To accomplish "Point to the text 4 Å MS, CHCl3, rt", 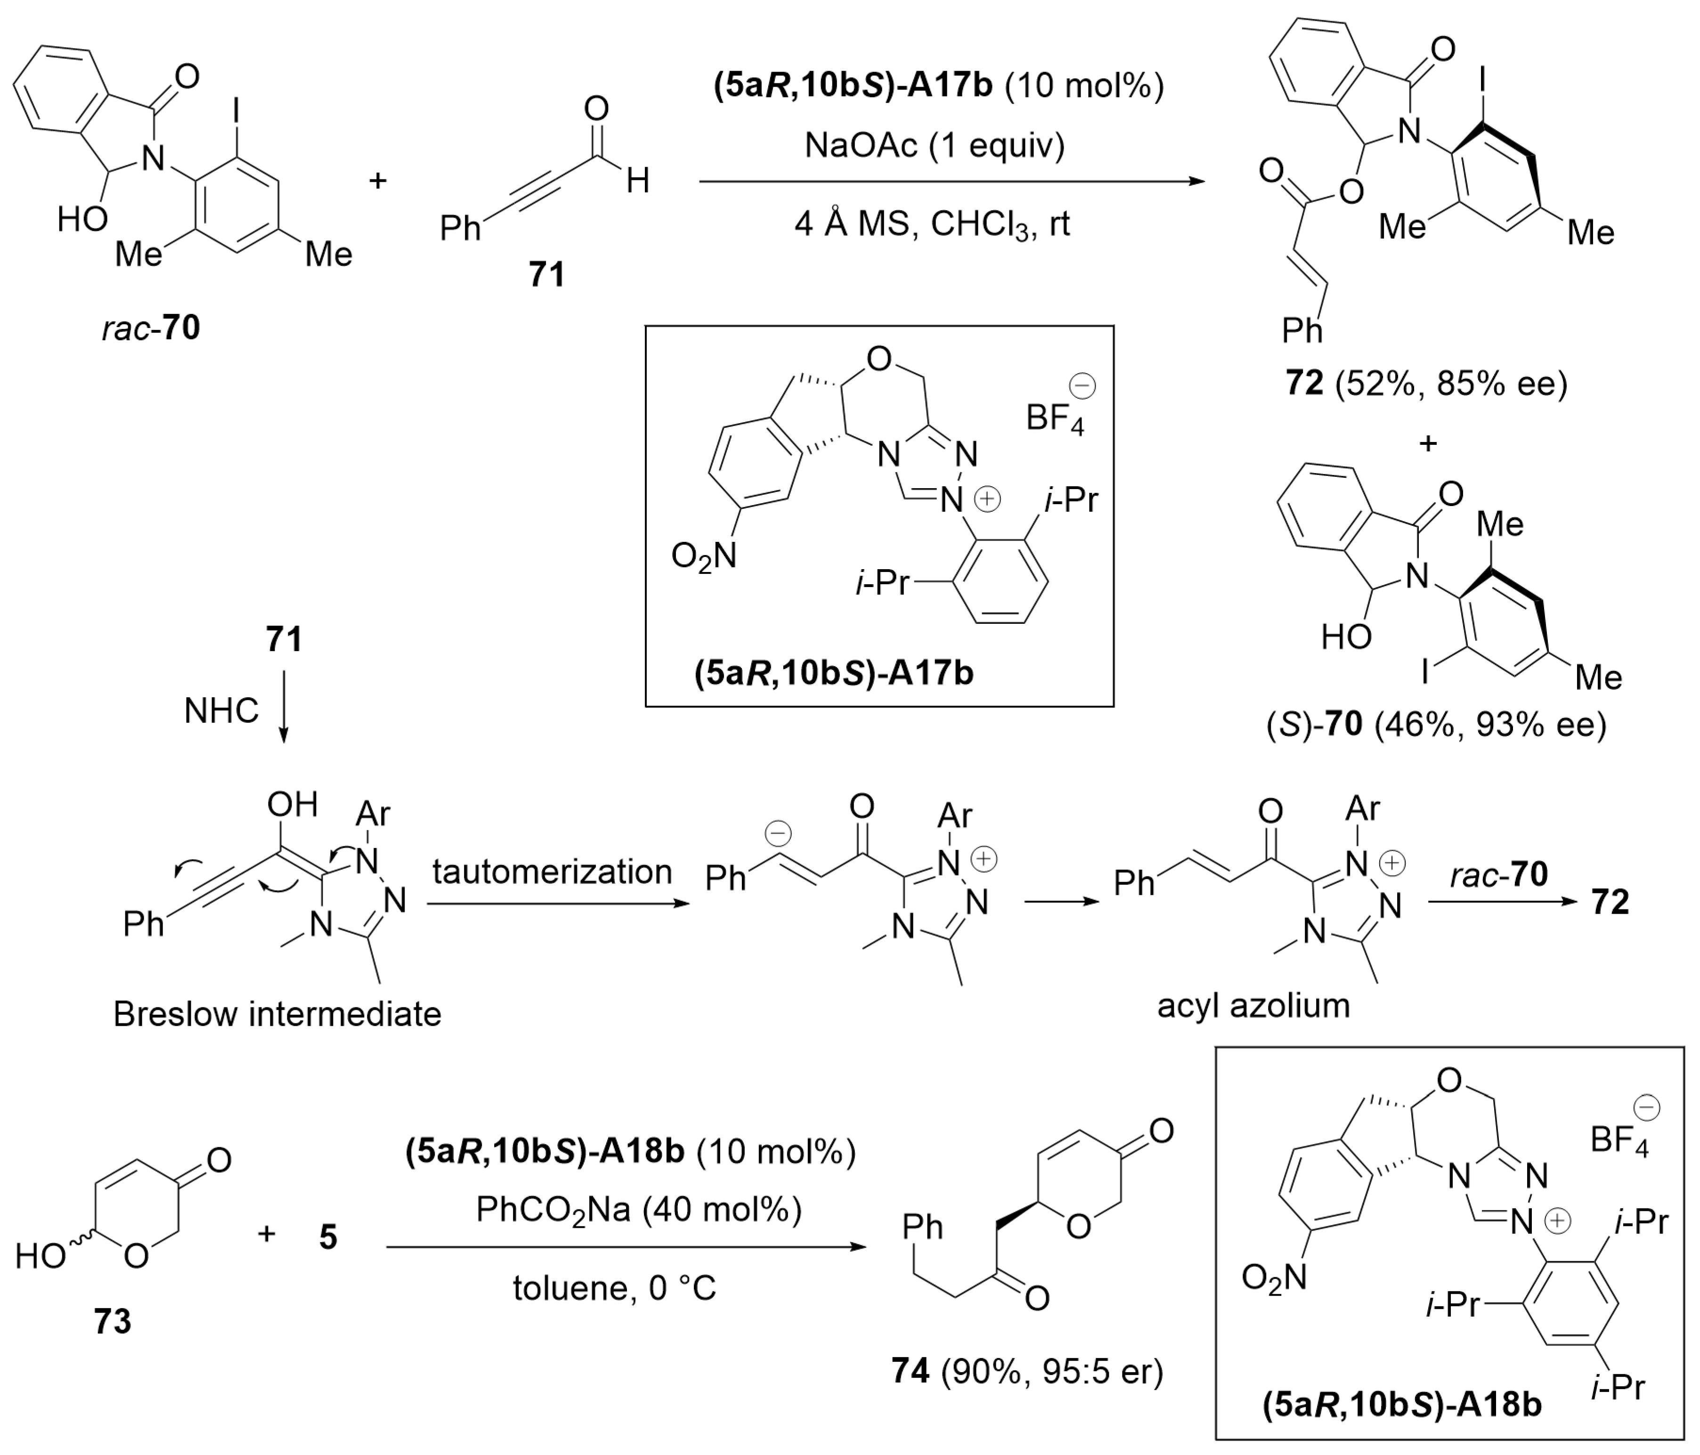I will (x=932, y=224).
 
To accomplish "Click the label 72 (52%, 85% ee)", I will (x=1426, y=383).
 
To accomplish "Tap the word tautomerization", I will (x=552, y=872).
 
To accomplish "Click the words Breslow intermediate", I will (x=277, y=1014).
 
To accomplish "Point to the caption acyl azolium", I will (x=1253, y=1005).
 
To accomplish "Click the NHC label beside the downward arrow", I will (x=221, y=711).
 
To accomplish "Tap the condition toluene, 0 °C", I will (x=615, y=1288).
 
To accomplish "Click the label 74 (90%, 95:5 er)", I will (x=1027, y=1371).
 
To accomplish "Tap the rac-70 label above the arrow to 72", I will (x=1499, y=875).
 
